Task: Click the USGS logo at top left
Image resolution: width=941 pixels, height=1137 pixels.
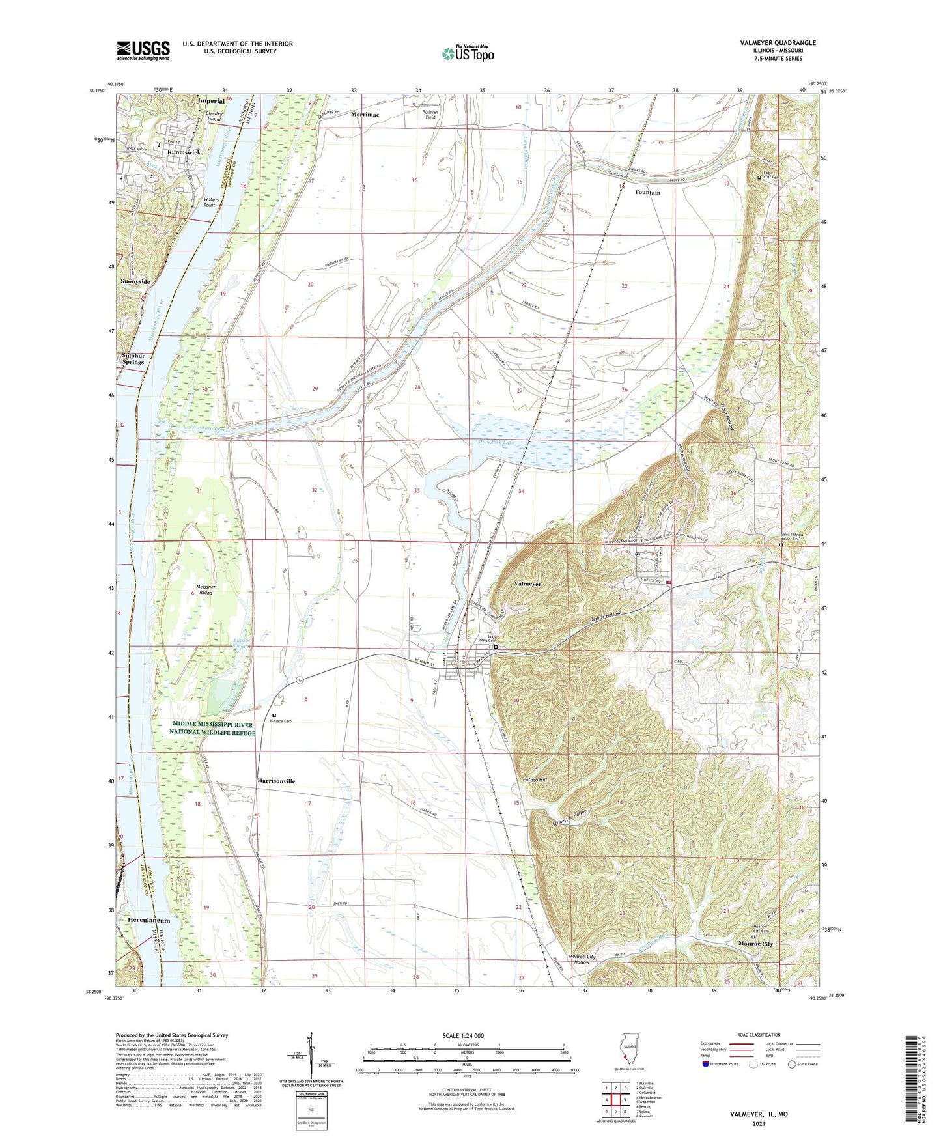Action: (143, 50)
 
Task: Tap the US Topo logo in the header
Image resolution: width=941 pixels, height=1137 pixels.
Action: (468, 53)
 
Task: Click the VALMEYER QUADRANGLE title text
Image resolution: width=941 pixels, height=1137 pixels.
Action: (778, 43)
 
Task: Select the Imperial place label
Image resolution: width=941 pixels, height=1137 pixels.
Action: (211, 101)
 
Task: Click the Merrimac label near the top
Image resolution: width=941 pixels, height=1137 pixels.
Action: (365, 114)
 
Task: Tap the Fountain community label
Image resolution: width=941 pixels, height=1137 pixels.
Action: (647, 193)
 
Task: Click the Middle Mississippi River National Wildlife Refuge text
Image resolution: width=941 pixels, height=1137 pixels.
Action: (212, 728)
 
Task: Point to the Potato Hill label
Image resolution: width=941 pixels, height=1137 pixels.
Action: (535, 780)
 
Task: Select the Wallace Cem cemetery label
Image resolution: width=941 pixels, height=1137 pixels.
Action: (283, 721)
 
